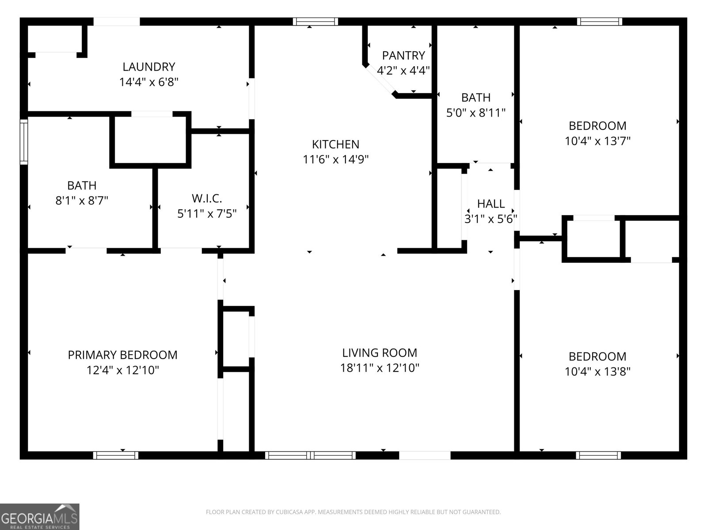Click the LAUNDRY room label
(x=148, y=67)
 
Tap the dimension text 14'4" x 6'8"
(x=148, y=82)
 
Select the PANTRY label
(x=403, y=56)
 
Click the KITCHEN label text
(x=335, y=144)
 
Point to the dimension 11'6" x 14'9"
(x=335, y=159)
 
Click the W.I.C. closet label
(x=207, y=198)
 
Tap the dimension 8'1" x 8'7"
(x=82, y=201)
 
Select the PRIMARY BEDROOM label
(x=122, y=355)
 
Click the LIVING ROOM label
(x=380, y=352)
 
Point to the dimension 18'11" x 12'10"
(x=380, y=368)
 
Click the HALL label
(x=490, y=204)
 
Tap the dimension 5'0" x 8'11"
(x=475, y=113)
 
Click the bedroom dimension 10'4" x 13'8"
(x=597, y=371)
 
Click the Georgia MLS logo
(x=39, y=516)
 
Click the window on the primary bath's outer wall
(x=24, y=141)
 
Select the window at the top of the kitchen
(x=315, y=22)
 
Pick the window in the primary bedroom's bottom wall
(x=116, y=455)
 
